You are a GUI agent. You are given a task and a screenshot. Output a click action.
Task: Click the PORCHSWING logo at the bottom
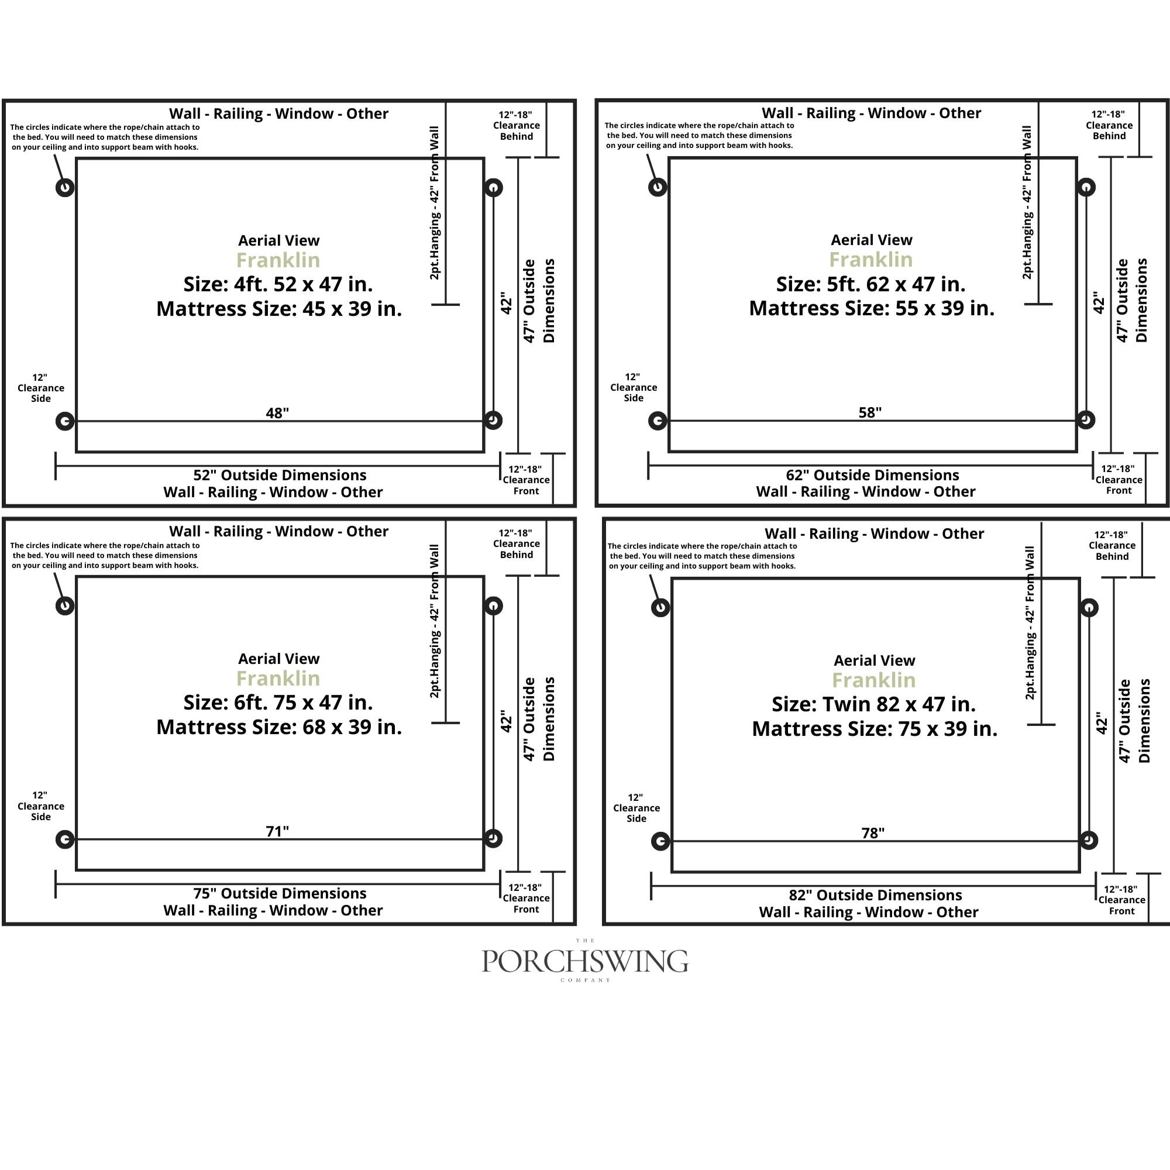[x=584, y=961]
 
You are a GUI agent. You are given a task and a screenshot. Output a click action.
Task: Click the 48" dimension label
[x=277, y=413]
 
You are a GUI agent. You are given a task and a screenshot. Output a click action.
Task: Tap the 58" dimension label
[x=870, y=412]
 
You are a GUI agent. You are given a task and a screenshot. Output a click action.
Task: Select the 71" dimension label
[x=277, y=831]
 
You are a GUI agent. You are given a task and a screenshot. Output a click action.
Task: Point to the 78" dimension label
[x=873, y=832]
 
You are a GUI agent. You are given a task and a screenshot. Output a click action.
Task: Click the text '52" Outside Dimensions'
[x=280, y=475]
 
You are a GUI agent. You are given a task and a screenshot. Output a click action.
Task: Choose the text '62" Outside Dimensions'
[x=873, y=475]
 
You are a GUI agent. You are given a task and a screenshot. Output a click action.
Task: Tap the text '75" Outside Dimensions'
[x=280, y=893]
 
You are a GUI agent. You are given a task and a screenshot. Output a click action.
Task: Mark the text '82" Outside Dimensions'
[x=875, y=895]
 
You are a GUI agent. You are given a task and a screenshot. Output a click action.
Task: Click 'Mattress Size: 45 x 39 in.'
[x=279, y=309]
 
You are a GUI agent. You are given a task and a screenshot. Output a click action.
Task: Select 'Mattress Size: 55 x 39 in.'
[x=872, y=308]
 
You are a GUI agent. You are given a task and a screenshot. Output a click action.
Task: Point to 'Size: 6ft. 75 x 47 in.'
[x=278, y=703]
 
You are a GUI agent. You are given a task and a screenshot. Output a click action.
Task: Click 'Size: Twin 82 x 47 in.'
[x=874, y=704]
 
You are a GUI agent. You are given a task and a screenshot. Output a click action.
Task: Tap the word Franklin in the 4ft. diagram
[x=278, y=260]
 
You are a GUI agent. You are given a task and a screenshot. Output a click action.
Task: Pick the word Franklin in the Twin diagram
[x=874, y=681]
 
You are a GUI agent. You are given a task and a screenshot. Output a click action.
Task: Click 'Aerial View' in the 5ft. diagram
[x=872, y=240]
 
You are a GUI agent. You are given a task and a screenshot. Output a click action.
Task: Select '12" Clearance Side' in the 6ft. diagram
[x=40, y=806]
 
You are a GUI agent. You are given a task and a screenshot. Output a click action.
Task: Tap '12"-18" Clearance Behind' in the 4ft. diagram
[x=517, y=125]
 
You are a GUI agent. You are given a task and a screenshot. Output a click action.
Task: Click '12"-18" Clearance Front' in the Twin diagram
[x=1121, y=900]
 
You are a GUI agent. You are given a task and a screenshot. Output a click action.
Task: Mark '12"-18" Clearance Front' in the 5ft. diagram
[x=1119, y=480]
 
